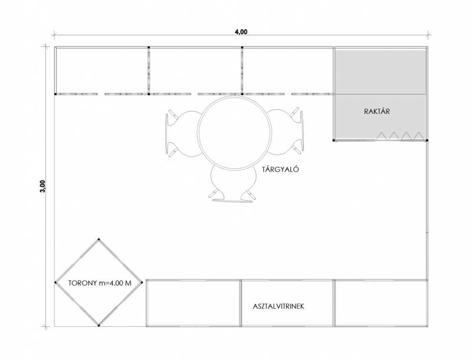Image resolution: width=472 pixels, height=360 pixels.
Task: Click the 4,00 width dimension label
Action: pos(241,32)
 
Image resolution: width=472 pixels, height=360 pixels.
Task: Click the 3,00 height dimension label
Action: pos(42,186)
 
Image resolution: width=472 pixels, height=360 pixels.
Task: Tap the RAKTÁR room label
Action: pos(376,111)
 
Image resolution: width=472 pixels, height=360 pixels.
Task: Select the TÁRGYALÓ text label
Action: pos(280,169)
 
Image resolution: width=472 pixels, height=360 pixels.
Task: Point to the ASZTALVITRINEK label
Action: pos(278,306)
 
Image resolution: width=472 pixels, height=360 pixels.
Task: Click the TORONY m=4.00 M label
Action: pos(100,283)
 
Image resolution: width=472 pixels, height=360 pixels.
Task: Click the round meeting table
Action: pos(234,132)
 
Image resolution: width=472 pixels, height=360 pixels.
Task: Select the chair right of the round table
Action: pos(285,132)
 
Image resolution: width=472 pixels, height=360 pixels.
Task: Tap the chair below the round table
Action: pos(232,184)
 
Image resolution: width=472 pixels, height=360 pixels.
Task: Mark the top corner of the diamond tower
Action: pos(99,239)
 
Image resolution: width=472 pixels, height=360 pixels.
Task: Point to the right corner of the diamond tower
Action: pos(142,282)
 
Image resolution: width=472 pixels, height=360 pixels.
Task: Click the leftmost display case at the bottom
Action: pos(194,303)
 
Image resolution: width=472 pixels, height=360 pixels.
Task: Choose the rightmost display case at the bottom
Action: pos(381,303)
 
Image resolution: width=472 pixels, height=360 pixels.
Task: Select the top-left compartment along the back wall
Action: pos(101,70)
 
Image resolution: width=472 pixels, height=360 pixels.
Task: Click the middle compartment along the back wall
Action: pos(195,70)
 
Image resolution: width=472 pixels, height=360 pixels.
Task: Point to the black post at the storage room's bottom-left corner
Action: pos(334,140)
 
